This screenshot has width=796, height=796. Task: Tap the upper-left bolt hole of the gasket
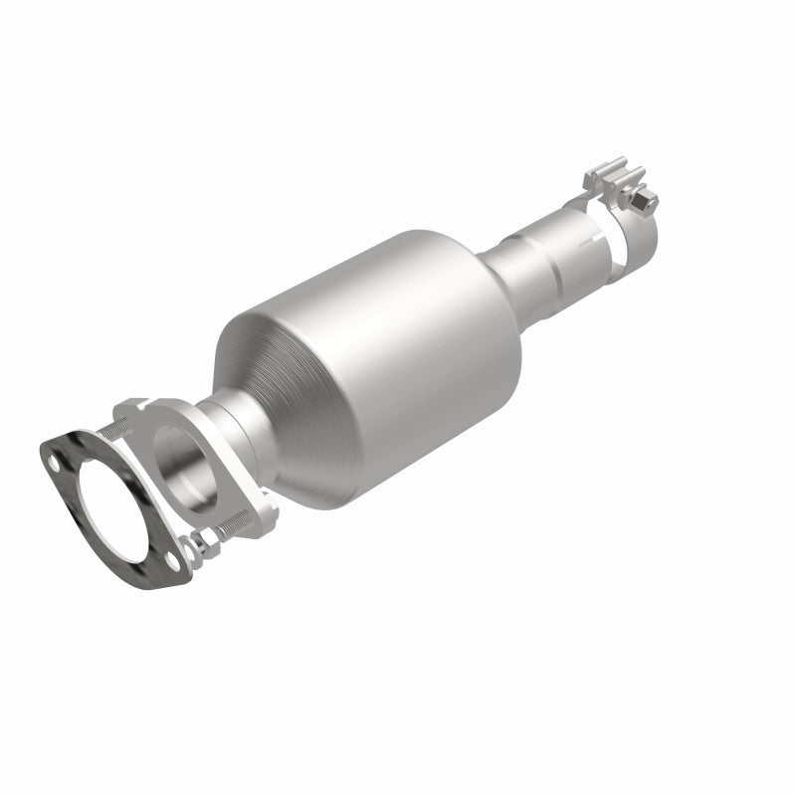point(55,462)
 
